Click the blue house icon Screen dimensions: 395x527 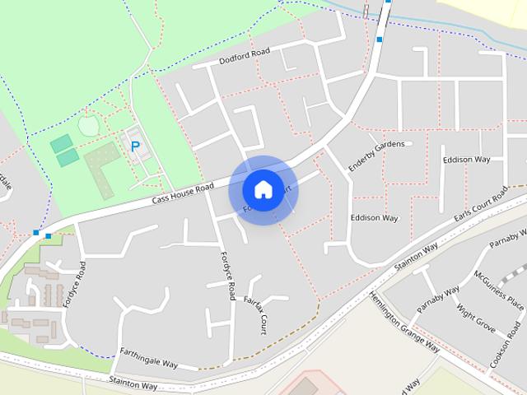pyautogui.click(x=263, y=189)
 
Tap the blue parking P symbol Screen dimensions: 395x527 pyautogui.click(x=135, y=147)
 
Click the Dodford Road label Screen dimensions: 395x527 pyautogui.click(x=245, y=56)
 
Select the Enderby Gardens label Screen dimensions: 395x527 pyautogui.click(x=375, y=156)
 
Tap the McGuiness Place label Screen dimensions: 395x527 pyautogui.click(x=499, y=289)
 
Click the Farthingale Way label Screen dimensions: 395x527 pyautogui.click(x=149, y=357)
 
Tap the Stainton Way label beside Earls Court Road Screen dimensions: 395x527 pyautogui.click(x=416, y=255)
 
